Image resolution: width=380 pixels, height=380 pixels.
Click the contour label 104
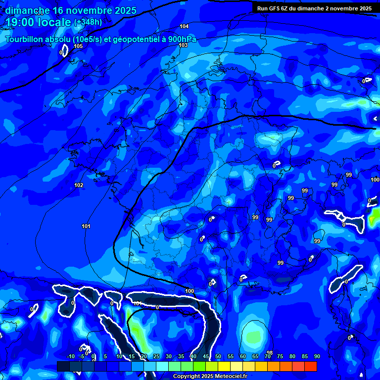pos(184,26)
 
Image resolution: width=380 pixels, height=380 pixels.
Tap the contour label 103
pos(183,45)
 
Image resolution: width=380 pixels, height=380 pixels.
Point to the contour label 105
pos(78,46)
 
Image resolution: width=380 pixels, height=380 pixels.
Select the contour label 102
pos(79,185)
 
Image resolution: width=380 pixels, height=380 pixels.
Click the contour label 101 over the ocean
pos(86,226)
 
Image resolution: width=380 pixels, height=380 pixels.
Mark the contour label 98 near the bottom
pos(269,353)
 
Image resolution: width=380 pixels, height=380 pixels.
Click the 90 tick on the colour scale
pos(317,356)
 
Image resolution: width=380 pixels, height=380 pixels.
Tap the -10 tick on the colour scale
pos(71,356)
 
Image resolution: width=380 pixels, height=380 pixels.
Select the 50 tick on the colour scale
pos(218,356)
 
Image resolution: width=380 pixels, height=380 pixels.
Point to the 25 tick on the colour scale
pos(156,356)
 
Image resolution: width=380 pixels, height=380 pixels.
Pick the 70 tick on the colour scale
pos(268,356)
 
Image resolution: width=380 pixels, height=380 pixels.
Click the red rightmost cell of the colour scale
pos(310,366)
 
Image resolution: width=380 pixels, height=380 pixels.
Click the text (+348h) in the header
pos(88,22)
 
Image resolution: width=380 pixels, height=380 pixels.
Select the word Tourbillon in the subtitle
pos(25,40)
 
